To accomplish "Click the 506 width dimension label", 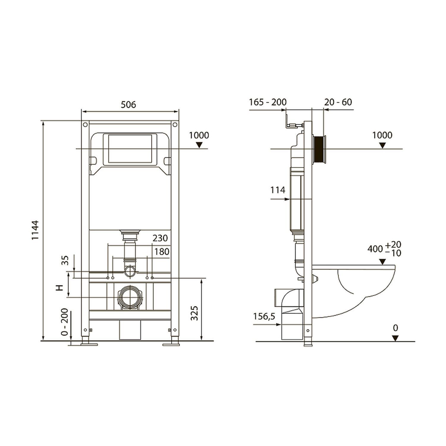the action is coord(129,105).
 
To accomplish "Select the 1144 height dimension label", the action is coord(35,230).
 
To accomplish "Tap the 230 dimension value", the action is coord(160,238).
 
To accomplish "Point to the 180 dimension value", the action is coord(162,252).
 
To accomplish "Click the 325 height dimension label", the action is coord(194,313).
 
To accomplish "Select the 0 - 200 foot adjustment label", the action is coord(65,322).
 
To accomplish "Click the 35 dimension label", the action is coord(66,260).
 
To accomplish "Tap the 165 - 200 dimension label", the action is coord(268,102).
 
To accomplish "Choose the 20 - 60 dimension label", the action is coord(338,102).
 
